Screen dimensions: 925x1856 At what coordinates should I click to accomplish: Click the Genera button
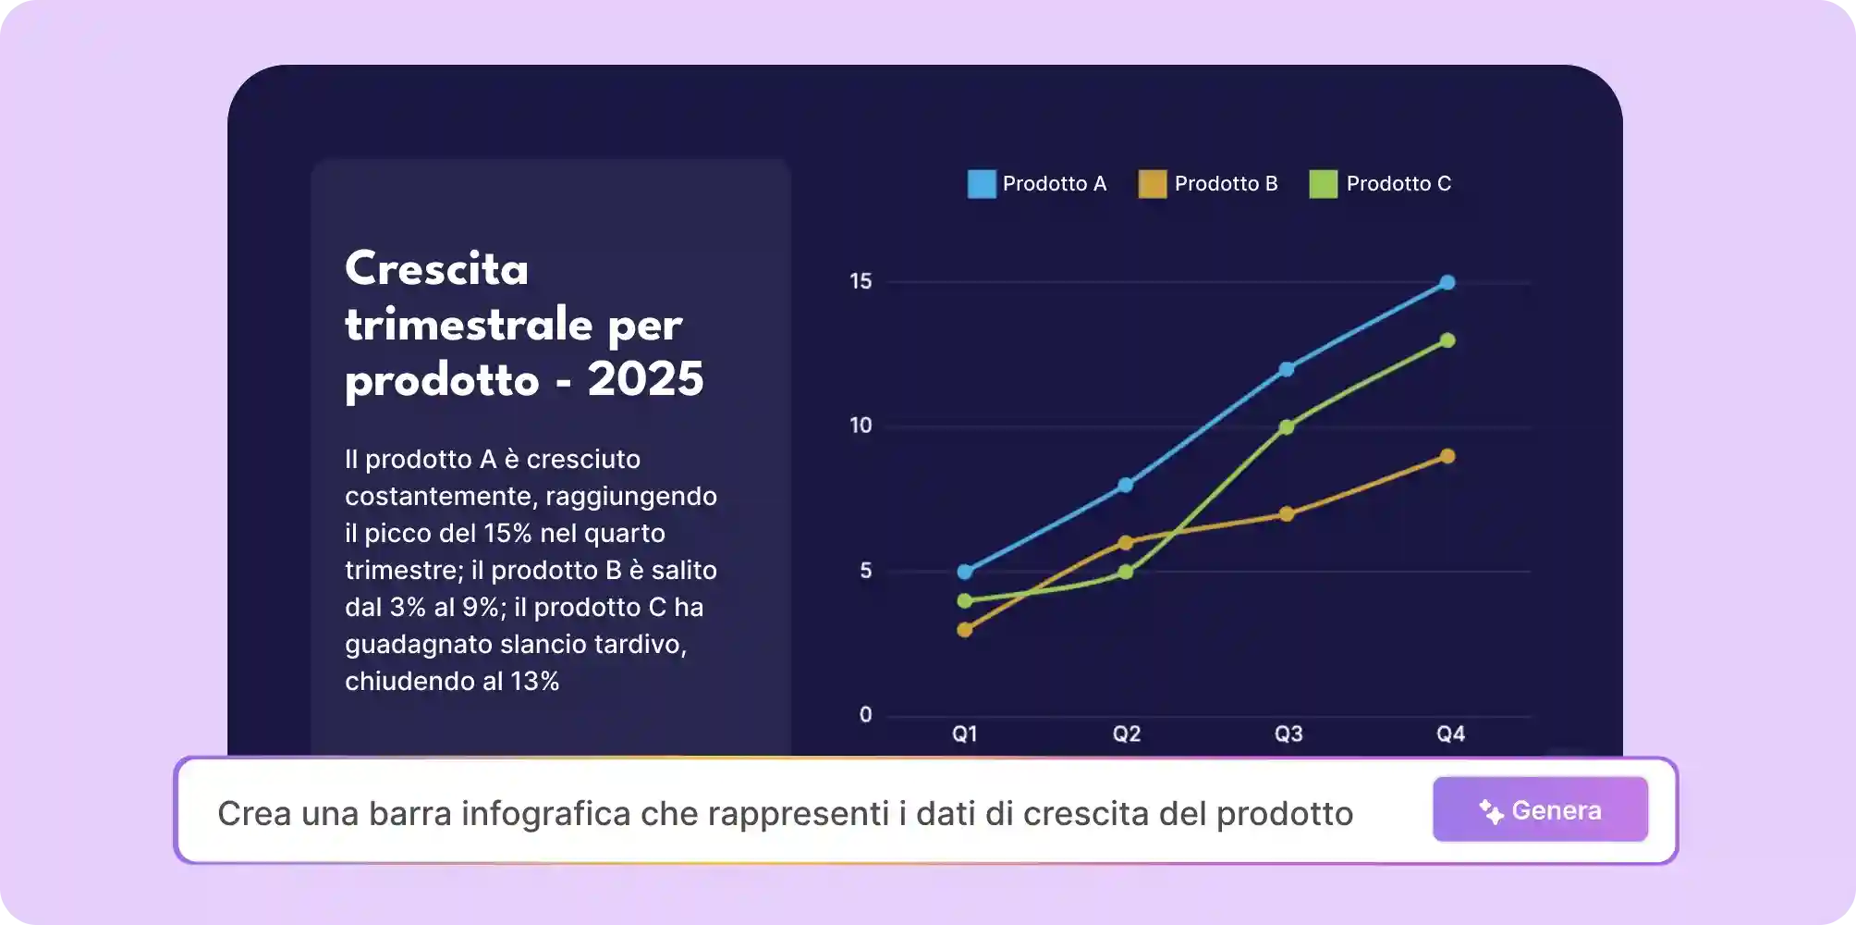1540,810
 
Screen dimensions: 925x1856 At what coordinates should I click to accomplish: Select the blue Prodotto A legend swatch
982,184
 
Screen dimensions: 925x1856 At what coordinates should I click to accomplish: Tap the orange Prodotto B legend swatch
1153,184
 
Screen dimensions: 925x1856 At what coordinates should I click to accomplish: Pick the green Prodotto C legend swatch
1324,184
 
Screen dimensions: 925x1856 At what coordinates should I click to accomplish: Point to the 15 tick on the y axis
861,281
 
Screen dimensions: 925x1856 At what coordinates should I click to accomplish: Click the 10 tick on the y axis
861,425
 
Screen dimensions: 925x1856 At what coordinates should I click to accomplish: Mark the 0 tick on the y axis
865,714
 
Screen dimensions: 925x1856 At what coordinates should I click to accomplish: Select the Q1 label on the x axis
965,734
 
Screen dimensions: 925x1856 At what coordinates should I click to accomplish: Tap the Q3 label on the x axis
1288,734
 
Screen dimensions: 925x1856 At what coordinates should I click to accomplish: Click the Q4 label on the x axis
1450,734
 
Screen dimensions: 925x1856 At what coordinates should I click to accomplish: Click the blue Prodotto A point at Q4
1447,282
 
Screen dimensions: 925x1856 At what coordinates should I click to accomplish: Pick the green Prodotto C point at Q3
1287,426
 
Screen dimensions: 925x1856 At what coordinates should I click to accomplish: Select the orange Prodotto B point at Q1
965,630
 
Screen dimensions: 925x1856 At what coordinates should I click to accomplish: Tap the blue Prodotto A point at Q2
1126,485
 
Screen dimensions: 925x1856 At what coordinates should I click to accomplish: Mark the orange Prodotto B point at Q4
1447,456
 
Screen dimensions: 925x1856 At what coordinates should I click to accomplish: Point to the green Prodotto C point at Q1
965,600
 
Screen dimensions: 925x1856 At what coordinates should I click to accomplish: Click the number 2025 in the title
645,379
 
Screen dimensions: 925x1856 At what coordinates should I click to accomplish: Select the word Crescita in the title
436,269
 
